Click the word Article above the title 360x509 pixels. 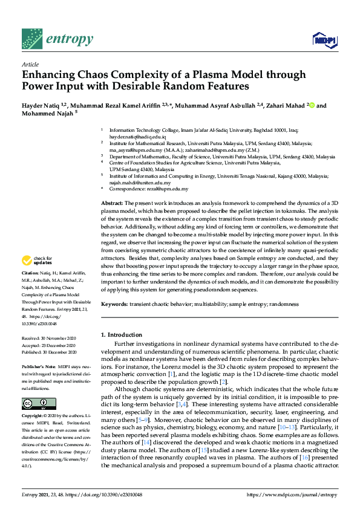30,64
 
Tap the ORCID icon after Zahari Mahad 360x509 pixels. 312,106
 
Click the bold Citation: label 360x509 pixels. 31,290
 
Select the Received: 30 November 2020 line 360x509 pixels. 51,339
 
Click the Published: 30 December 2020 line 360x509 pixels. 51,352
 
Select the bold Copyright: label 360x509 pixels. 34,417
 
